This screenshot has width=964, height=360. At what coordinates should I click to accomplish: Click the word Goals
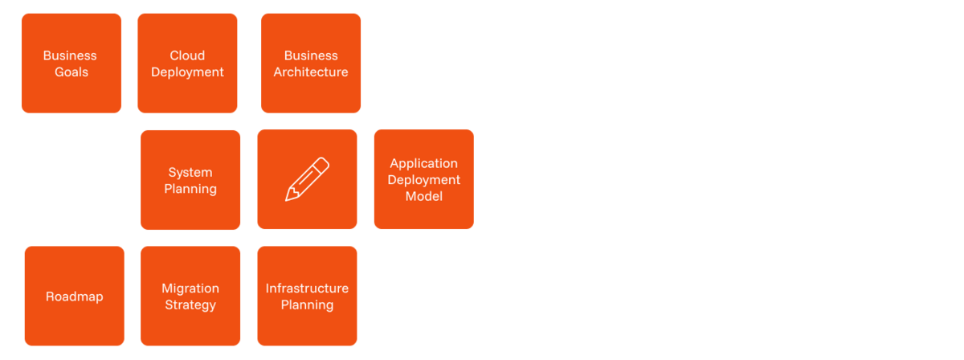click(x=71, y=72)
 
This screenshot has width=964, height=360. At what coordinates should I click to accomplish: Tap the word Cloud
click(x=187, y=55)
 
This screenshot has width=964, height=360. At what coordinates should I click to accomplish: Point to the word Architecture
click(x=311, y=72)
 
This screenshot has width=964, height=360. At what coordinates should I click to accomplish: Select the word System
click(x=190, y=173)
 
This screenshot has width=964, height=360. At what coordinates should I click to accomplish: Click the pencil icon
click(x=307, y=179)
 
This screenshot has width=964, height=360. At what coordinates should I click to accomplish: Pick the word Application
click(x=424, y=164)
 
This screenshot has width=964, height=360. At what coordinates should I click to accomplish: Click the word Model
click(x=424, y=196)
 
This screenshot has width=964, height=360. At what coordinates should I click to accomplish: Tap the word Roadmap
click(x=75, y=297)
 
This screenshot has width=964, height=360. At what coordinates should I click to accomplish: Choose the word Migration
click(x=190, y=288)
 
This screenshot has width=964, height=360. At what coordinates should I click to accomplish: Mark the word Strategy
click(x=190, y=305)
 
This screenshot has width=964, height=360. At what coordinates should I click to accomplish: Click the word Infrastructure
click(x=307, y=288)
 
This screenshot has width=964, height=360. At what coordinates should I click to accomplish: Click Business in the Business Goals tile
click(x=70, y=55)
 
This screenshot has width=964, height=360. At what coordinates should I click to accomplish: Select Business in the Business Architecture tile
click(x=311, y=55)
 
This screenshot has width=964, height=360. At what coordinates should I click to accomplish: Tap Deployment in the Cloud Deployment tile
click(x=187, y=72)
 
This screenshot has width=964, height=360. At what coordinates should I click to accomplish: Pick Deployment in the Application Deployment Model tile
click(x=424, y=180)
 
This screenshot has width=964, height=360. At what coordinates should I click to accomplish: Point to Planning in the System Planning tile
click(x=190, y=189)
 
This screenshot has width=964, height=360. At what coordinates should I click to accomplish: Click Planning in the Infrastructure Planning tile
click(x=307, y=305)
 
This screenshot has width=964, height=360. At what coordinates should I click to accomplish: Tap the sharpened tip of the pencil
click(x=287, y=200)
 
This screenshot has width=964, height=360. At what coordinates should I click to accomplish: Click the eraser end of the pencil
click(x=324, y=163)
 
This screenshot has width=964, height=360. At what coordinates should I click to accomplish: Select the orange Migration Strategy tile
click(x=190, y=296)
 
